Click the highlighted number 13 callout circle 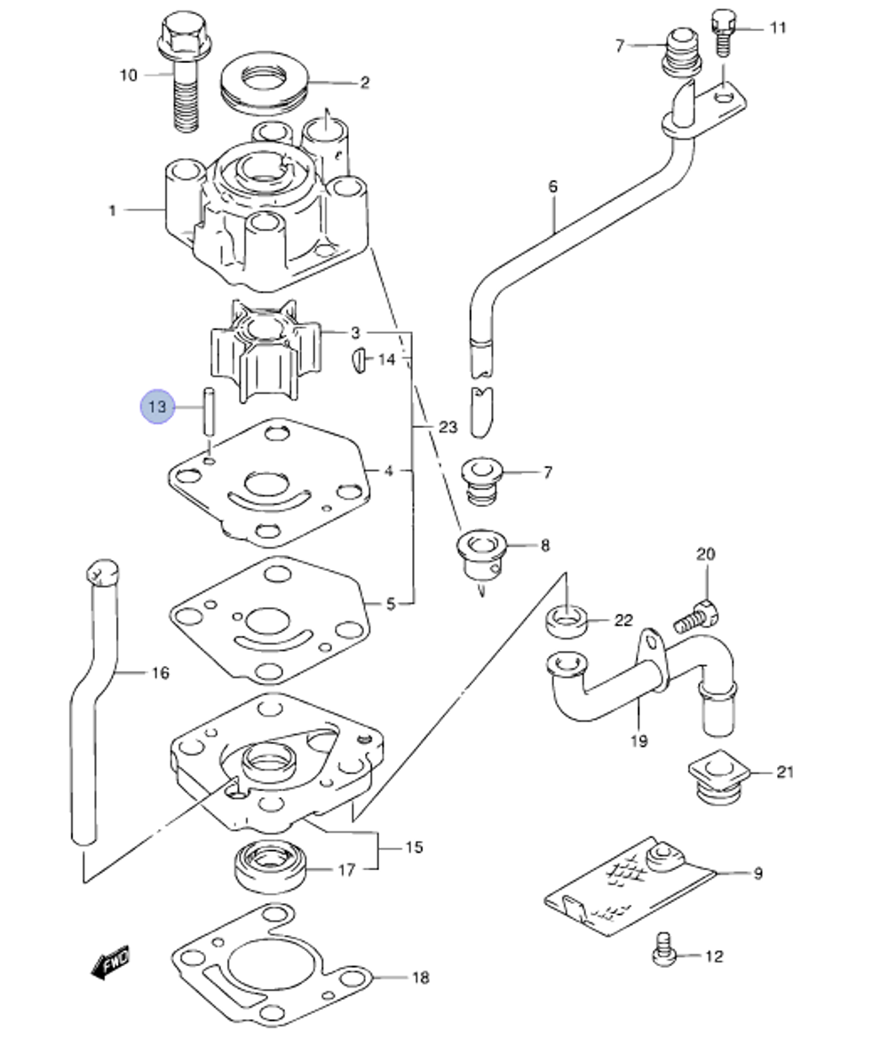pyautogui.click(x=157, y=407)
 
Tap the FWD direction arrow pyautogui.click(x=111, y=962)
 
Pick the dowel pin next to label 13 pyautogui.click(x=210, y=409)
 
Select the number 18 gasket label pyautogui.click(x=420, y=978)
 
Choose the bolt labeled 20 pyautogui.click(x=697, y=615)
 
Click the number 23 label pyautogui.click(x=448, y=427)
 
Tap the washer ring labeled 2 pyautogui.click(x=262, y=83)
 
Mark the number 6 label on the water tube pyautogui.click(x=553, y=186)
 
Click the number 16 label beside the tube pyautogui.click(x=159, y=673)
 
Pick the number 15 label pyautogui.click(x=414, y=847)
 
